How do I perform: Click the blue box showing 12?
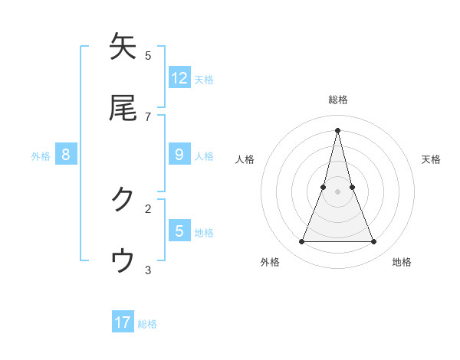pyautogui.click(x=179, y=77)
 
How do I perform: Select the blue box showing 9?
pyautogui.click(x=179, y=155)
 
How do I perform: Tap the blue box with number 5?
pyautogui.click(x=179, y=231)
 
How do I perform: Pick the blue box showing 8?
pyautogui.click(x=66, y=155)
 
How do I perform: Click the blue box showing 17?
pyautogui.click(x=123, y=322)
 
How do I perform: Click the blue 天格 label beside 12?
pyautogui.click(x=204, y=79)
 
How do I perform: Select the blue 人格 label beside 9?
pyautogui.click(x=204, y=156)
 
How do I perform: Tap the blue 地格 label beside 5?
pyautogui.click(x=204, y=232)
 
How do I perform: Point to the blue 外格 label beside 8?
pyautogui.click(x=41, y=156)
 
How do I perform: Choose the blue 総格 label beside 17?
pyautogui.click(x=147, y=324)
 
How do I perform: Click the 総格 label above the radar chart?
pyautogui.click(x=337, y=100)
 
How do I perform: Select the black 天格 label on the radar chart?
pyautogui.click(x=431, y=159)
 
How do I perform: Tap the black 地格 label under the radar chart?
pyautogui.click(x=402, y=262)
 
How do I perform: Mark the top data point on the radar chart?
pyautogui.click(x=337, y=129)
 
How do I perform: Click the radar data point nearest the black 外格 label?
pyautogui.click(x=301, y=242)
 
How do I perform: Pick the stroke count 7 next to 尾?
pyautogui.click(x=148, y=116)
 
